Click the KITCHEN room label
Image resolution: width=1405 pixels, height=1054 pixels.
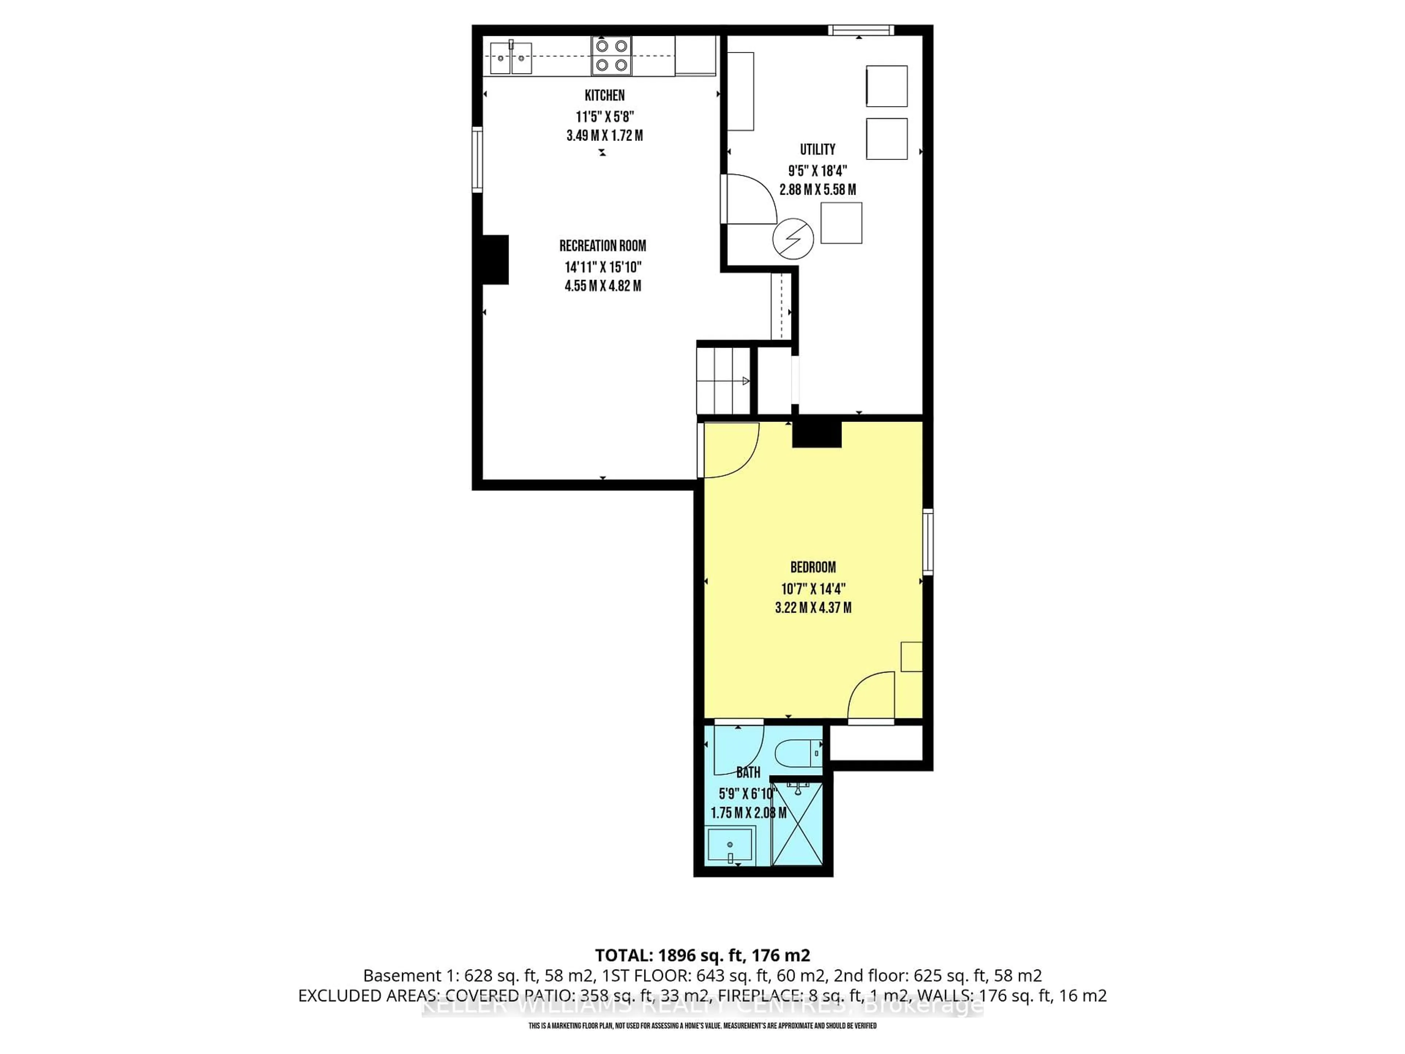pyautogui.click(x=604, y=95)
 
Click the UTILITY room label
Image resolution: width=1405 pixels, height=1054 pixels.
pyautogui.click(x=817, y=149)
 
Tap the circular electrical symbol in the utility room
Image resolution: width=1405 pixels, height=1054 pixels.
pyautogui.click(x=793, y=239)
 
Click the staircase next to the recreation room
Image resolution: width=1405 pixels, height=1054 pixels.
pyautogui.click(x=723, y=380)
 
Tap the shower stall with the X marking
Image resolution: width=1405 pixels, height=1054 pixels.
pyautogui.click(x=797, y=824)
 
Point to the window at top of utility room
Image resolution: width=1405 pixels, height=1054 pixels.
pyautogui.click(x=861, y=30)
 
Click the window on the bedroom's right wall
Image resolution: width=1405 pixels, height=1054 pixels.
pyautogui.click(x=928, y=541)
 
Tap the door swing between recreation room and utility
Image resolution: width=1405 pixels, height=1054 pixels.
pyautogui.click(x=749, y=200)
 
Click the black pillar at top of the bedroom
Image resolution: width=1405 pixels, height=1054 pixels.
pyautogui.click(x=816, y=434)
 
